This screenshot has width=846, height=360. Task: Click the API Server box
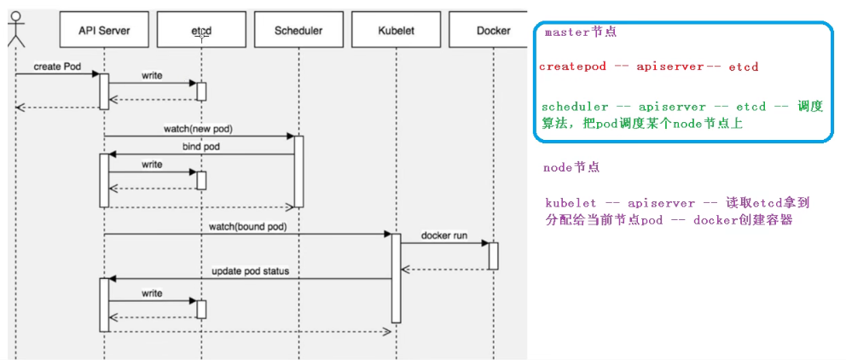click(104, 31)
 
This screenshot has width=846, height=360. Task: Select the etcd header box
click(201, 31)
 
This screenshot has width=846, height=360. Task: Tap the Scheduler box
click(298, 31)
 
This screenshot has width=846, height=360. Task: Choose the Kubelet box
click(396, 31)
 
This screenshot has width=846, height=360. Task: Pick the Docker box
click(493, 31)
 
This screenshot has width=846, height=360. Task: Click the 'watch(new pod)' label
click(198, 129)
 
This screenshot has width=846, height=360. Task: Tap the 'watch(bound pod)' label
click(247, 227)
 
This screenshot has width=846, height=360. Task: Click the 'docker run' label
click(443, 235)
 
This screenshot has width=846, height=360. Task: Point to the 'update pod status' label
click(250, 271)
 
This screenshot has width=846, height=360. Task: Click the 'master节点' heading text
click(580, 32)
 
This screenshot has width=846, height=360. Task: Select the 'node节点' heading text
click(571, 168)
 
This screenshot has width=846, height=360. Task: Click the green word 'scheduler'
click(575, 107)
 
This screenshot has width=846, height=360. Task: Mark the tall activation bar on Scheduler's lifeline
click(298, 171)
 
